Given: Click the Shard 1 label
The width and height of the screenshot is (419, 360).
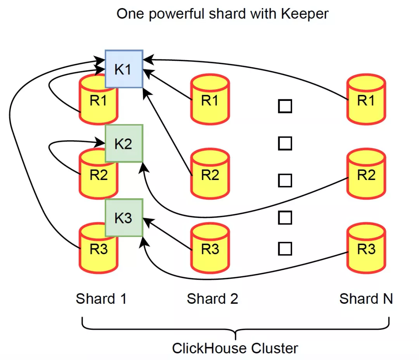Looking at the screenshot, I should click(101, 299).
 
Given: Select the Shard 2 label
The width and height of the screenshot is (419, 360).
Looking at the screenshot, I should click(212, 299).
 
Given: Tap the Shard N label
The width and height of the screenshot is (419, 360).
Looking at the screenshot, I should click(366, 299).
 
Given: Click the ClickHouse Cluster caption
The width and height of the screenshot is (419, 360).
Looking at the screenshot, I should click(235, 348).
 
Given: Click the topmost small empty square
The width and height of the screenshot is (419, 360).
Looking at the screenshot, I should click(285, 106).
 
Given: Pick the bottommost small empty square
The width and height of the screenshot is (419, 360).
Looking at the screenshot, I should click(285, 249).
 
